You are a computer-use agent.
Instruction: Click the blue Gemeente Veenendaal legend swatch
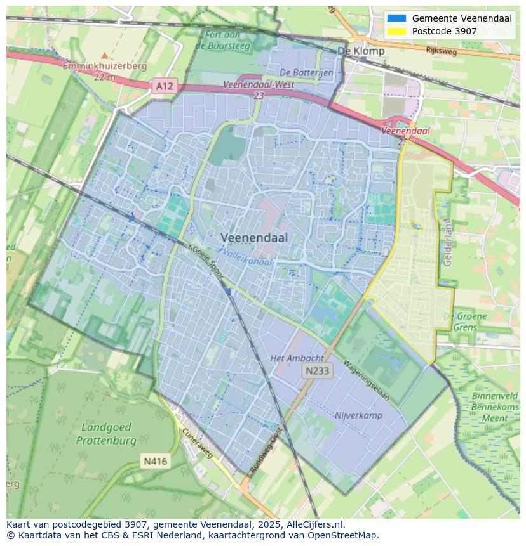[x=396, y=18]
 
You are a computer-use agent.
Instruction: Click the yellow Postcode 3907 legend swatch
[x=396, y=31]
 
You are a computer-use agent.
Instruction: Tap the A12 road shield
[x=164, y=85]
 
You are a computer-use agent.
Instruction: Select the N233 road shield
[x=316, y=371]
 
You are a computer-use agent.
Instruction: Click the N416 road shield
[x=155, y=461]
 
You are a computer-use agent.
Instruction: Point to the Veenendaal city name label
[x=254, y=238]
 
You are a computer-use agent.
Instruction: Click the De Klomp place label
[x=361, y=51]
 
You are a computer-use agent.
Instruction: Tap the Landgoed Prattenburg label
[x=106, y=434]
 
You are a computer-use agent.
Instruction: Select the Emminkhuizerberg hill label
[x=104, y=66]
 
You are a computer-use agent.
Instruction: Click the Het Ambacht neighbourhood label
[x=297, y=358]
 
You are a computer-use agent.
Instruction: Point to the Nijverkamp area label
[x=358, y=415]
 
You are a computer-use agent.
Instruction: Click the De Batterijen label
[x=306, y=73]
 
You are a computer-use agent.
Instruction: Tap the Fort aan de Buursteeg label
[x=223, y=40]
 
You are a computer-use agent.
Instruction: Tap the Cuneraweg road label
[x=197, y=443]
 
